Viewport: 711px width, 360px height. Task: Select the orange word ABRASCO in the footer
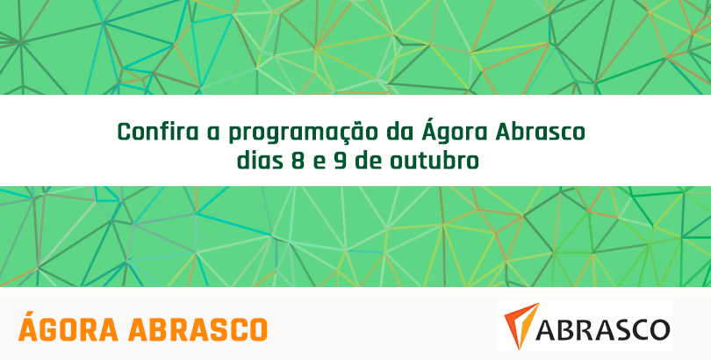[x=198, y=329]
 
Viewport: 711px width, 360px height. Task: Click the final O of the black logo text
[x=659, y=329]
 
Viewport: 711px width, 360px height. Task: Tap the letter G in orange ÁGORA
[x=48, y=329]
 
